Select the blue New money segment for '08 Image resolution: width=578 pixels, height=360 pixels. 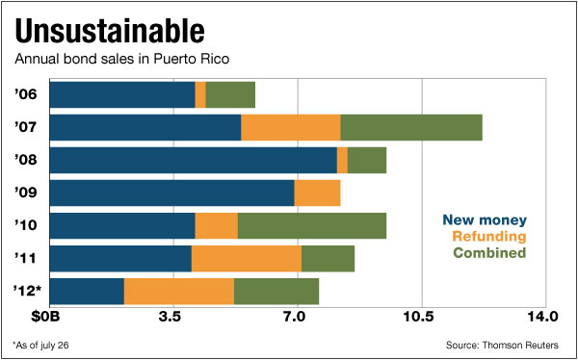193,160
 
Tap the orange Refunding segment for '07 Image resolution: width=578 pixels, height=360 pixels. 290,127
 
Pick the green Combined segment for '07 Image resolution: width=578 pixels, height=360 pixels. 411,127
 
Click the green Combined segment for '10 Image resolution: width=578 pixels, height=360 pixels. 311,225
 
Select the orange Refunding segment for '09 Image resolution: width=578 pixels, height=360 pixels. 317,193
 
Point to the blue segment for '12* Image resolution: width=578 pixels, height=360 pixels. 87,291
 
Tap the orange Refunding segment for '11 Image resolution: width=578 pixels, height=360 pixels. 247,258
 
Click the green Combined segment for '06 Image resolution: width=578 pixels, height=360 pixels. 230,94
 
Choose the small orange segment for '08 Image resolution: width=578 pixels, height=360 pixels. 342,160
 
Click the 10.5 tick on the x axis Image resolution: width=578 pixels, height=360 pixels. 419,316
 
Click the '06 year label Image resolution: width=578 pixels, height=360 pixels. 25,94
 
